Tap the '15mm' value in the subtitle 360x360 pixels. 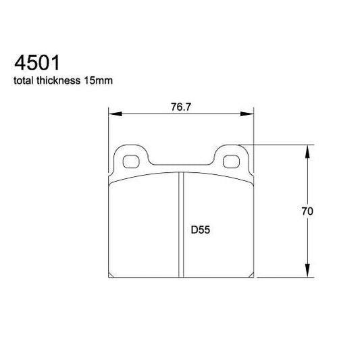click(x=99, y=80)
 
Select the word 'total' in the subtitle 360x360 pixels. click(x=26, y=80)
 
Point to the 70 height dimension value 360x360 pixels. click(x=307, y=211)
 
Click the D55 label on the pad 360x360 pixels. click(x=200, y=229)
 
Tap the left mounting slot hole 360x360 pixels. click(x=132, y=161)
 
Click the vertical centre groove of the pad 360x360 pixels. click(x=180, y=223)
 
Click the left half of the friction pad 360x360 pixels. click(x=144, y=226)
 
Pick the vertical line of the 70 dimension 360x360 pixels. click(x=309, y=182)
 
